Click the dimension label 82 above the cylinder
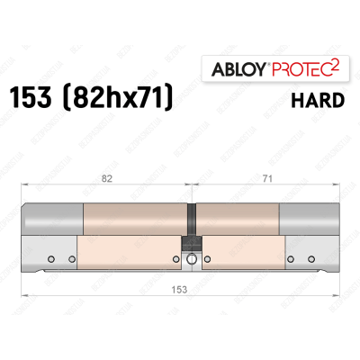[109, 181]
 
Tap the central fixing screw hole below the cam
[190, 262]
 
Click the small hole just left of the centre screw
[174, 262]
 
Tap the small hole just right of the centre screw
[206, 262]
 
